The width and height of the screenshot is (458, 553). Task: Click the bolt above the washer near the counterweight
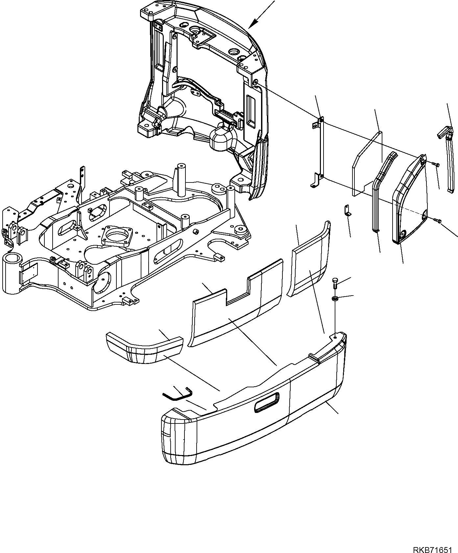point(335,282)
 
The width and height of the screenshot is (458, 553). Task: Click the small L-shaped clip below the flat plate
point(347,210)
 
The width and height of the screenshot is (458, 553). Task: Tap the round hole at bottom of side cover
point(402,234)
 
